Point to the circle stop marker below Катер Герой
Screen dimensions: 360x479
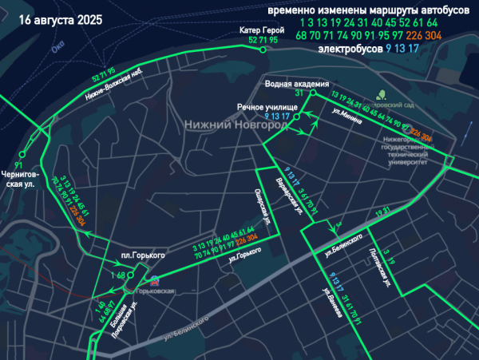[263, 49]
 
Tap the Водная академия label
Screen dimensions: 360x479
[297, 83]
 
